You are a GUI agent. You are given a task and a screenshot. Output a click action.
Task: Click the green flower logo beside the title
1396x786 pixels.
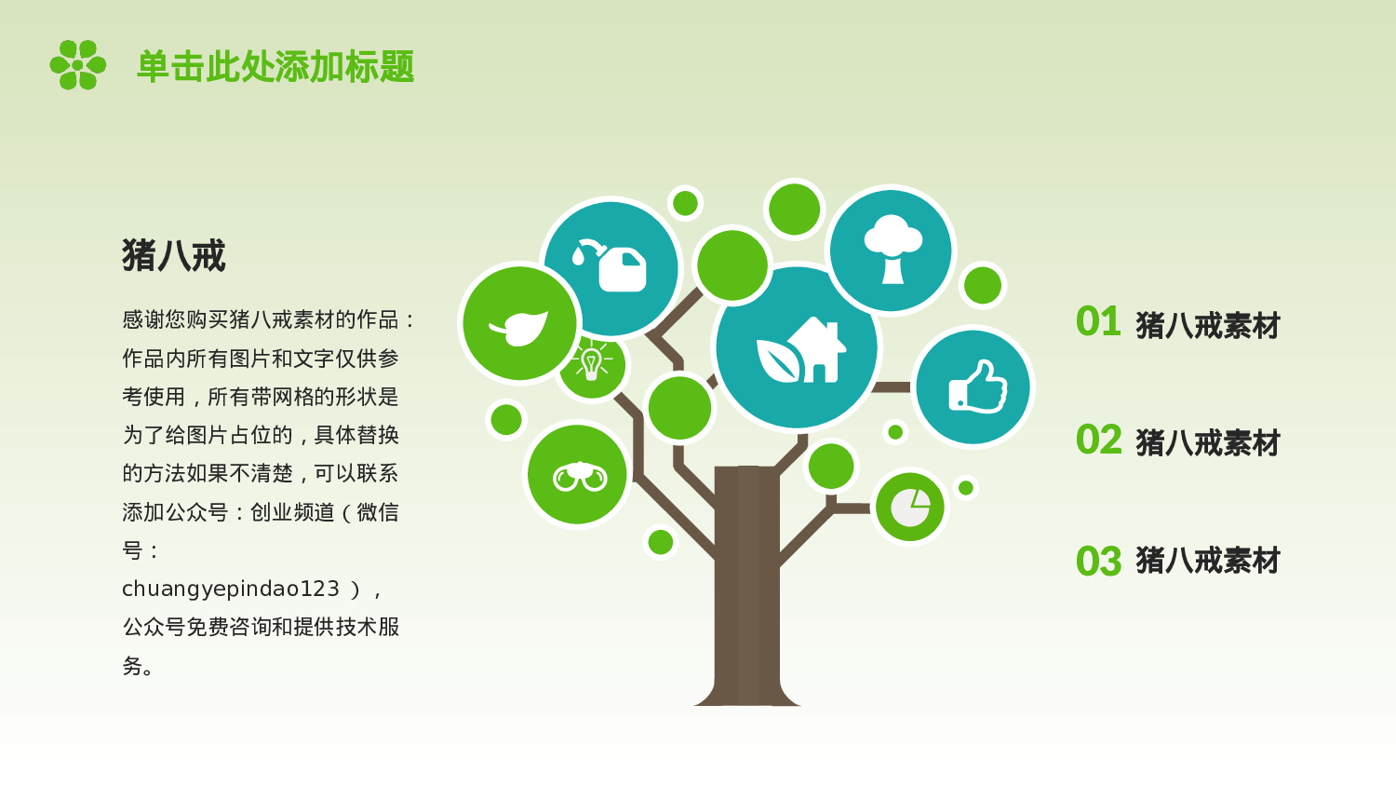click(x=77, y=65)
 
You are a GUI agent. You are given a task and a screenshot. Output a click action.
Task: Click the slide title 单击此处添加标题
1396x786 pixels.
click(x=275, y=67)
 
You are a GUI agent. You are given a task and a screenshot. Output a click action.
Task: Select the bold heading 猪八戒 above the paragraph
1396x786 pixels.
click(x=173, y=255)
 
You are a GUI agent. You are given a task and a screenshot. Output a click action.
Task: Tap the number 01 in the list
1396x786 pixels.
click(x=1098, y=322)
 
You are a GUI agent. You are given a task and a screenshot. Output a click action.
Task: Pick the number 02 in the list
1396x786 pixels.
click(x=1098, y=440)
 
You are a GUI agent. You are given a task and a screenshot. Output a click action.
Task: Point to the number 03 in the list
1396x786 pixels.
click(x=1098, y=562)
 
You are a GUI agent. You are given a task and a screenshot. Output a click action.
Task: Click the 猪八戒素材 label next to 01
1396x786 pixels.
click(x=1208, y=325)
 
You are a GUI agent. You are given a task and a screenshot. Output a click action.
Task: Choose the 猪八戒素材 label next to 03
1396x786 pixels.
click(x=1208, y=561)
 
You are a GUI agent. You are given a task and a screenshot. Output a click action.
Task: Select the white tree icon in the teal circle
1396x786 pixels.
click(x=892, y=250)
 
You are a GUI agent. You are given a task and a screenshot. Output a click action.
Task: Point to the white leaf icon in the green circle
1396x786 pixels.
click(x=518, y=325)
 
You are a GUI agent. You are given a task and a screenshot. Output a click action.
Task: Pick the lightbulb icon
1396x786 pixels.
click(x=591, y=362)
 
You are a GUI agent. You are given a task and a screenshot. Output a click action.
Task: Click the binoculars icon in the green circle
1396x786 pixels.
click(x=578, y=475)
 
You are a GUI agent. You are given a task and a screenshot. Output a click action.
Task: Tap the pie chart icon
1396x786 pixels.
click(x=909, y=508)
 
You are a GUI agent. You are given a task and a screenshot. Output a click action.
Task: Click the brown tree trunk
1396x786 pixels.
click(x=746, y=587)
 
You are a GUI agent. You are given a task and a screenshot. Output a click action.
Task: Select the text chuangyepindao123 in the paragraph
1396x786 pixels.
click(x=231, y=589)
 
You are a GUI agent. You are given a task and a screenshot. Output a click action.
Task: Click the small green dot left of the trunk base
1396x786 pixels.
click(x=661, y=542)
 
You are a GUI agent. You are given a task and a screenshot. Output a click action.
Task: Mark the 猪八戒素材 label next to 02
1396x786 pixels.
click(x=1208, y=442)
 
